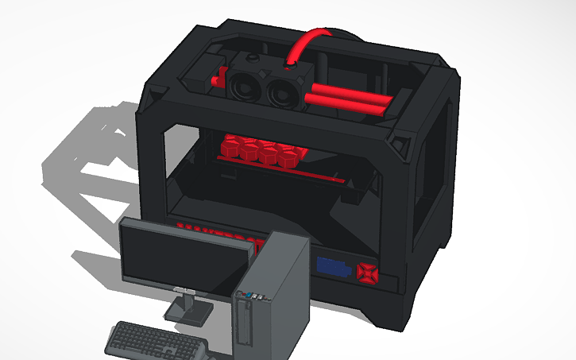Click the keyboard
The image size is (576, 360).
(x=155, y=341)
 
